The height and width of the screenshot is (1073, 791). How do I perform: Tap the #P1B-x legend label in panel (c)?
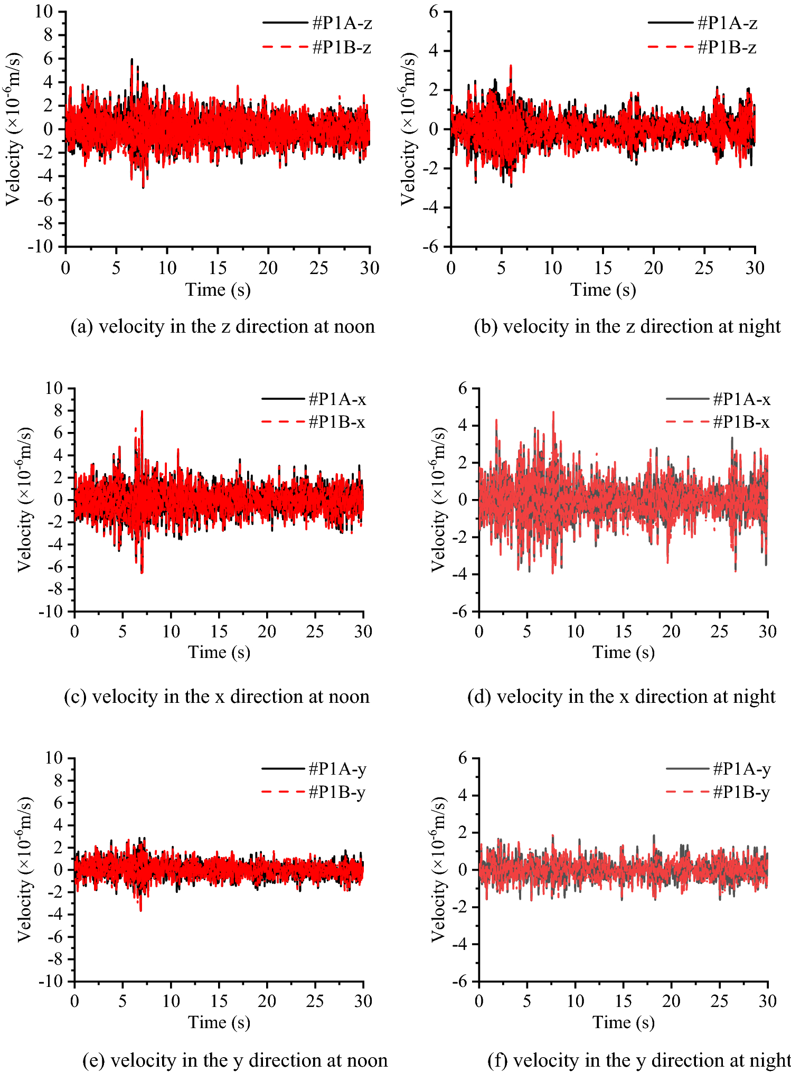(x=337, y=422)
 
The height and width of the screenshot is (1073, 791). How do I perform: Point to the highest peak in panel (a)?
(x=132, y=60)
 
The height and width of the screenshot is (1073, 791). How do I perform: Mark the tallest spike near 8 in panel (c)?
(x=142, y=412)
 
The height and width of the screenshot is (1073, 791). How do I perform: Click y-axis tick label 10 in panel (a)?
(x=44, y=11)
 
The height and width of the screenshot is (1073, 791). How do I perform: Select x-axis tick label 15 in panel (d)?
(x=623, y=632)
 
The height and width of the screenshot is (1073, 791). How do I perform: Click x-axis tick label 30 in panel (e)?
(x=363, y=1001)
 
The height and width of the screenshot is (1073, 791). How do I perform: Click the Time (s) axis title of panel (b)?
(x=603, y=289)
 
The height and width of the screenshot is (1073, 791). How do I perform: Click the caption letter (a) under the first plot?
(x=82, y=327)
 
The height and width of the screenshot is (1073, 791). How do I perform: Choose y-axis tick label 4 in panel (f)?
(x=463, y=796)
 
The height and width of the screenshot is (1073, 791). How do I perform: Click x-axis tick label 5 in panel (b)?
(x=501, y=268)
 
